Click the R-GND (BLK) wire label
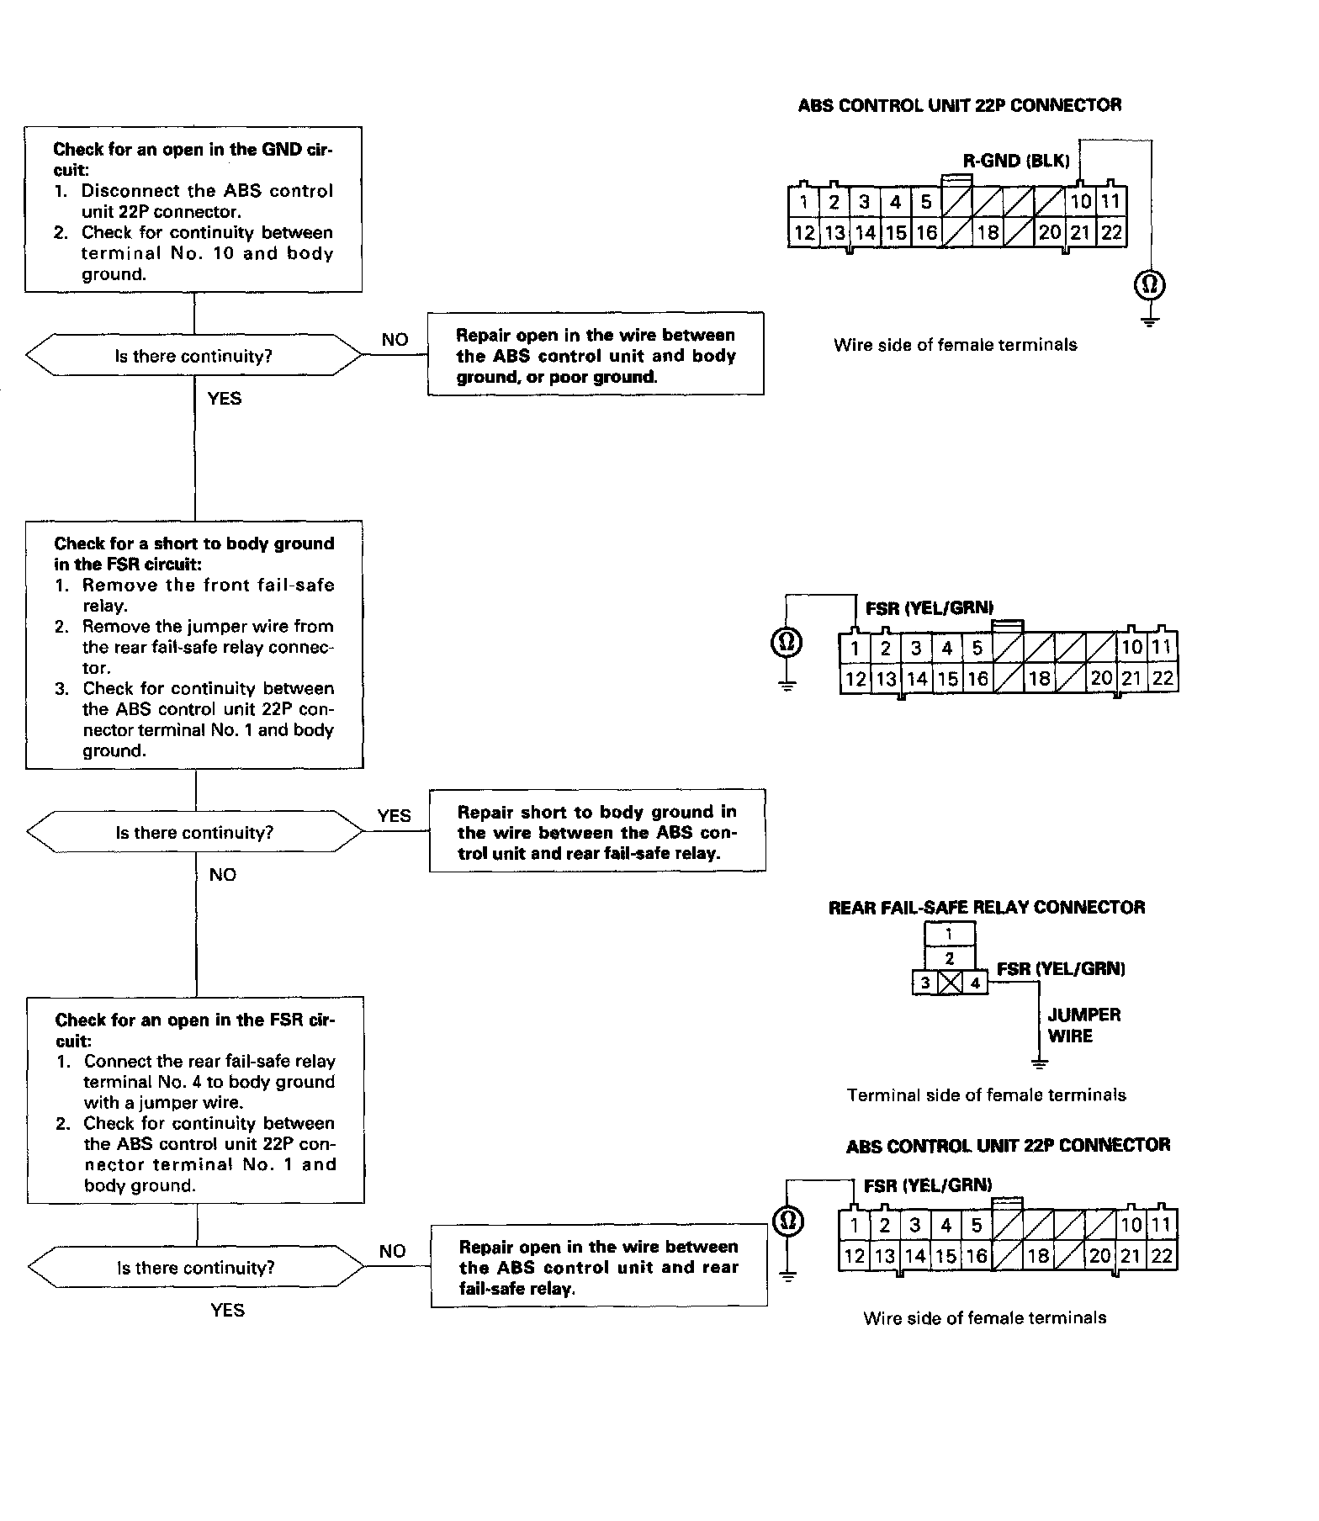(1015, 161)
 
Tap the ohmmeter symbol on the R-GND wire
(1149, 285)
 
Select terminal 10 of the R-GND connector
(1080, 202)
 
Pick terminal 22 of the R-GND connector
(1111, 233)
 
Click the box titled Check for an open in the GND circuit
(193, 209)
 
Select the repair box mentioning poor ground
(596, 354)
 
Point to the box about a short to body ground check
(194, 644)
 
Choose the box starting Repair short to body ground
(597, 831)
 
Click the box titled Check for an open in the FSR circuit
(196, 1100)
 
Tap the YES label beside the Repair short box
(394, 815)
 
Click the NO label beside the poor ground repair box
(395, 339)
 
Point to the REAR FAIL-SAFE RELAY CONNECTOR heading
(987, 907)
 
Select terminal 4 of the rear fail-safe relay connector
(975, 983)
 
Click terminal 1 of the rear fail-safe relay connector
(949, 934)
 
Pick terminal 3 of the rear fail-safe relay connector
(925, 983)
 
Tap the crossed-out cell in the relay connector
(950, 983)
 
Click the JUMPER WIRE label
(1083, 1025)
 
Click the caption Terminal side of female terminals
(986, 1094)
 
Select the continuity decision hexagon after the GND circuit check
(194, 356)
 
